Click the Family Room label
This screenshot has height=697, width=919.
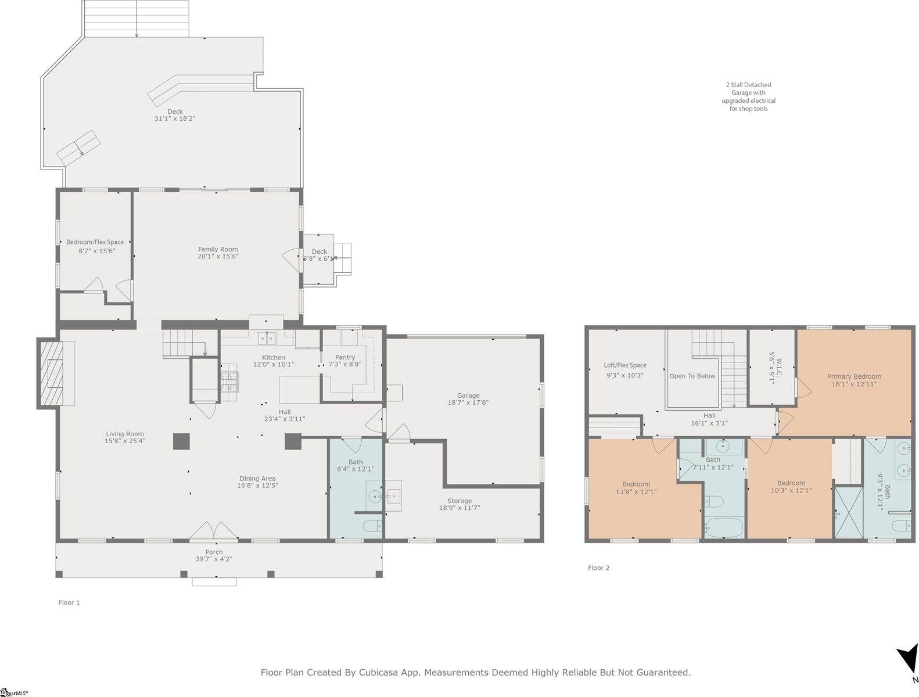(218, 249)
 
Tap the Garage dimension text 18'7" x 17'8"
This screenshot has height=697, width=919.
(468, 403)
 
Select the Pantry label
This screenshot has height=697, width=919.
(345, 357)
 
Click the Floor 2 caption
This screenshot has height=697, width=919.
(598, 568)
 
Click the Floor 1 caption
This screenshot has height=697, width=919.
(69, 602)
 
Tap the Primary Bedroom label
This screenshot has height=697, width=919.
(854, 376)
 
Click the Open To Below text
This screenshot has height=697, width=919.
(692, 376)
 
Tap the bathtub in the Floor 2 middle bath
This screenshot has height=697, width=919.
(723, 528)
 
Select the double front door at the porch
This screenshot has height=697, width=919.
(214, 530)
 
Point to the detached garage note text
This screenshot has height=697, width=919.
(748, 96)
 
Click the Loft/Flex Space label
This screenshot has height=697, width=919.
(624, 365)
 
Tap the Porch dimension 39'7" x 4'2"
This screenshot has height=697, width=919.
(214, 559)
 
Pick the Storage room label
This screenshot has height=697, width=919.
(459, 501)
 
